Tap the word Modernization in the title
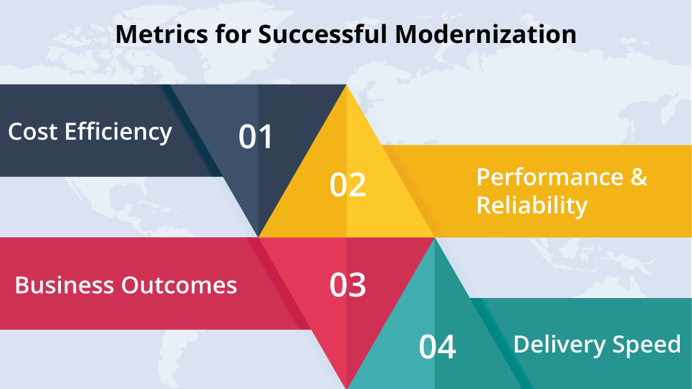[x=486, y=34]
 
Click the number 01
[x=256, y=136]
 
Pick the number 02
[x=347, y=185]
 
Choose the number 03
[x=347, y=285]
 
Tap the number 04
[x=438, y=347]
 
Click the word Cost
[x=33, y=132]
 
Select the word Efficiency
[x=118, y=133]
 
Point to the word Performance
[x=550, y=177]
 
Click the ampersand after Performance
[x=639, y=177]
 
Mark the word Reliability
[x=532, y=206]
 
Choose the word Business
[x=64, y=285]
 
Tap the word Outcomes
[x=179, y=285]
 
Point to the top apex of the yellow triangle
[x=347, y=85]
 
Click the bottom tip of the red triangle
[x=347, y=388]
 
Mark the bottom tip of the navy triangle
[x=258, y=236]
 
